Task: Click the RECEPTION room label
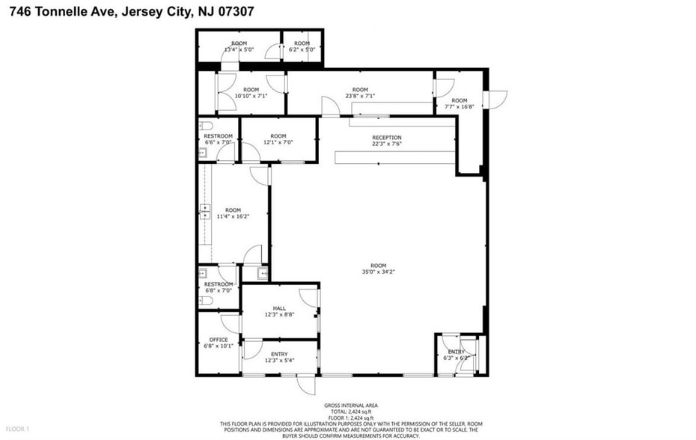tap(387, 138)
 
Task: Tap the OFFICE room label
tap(219, 340)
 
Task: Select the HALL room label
tap(279, 308)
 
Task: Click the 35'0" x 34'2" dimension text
tap(378, 273)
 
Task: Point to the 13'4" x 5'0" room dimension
tap(239, 50)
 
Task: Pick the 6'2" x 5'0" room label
tap(302, 50)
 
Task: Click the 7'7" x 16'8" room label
tap(459, 106)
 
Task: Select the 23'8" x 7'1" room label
tap(360, 96)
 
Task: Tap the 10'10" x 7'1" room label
tap(251, 96)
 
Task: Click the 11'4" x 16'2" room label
tap(233, 216)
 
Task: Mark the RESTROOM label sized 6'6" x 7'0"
tap(219, 136)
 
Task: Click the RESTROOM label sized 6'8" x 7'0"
tap(219, 284)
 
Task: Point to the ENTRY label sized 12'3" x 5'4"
tap(279, 355)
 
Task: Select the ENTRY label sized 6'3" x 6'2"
tap(457, 352)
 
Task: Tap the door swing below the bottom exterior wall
tap(305, 384)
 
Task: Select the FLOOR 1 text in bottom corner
tap(17, 429)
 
